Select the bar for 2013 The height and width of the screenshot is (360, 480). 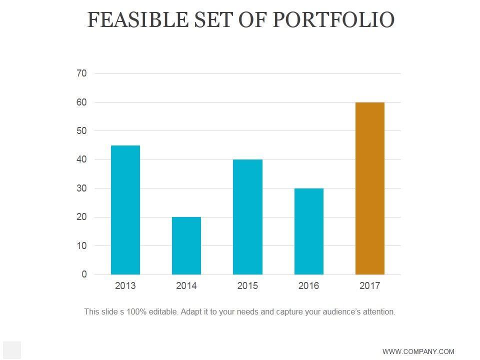tap(125, 210)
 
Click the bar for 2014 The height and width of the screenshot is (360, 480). tap(186, 245)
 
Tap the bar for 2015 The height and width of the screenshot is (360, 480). tap(247, 217)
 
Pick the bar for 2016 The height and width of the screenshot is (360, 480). tap(308, 231)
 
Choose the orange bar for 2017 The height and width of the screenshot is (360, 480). tap(370, 188)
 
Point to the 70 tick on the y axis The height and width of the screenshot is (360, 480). tap(81, 73)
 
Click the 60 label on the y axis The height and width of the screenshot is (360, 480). tap(81, 102)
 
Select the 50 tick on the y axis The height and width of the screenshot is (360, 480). tap(81, 131)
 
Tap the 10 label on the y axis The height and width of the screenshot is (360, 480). tap(81, 246)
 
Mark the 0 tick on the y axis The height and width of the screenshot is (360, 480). tap(84, 274)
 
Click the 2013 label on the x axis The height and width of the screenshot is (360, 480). tap(125, 286)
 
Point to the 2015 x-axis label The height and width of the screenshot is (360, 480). tap(247, 286)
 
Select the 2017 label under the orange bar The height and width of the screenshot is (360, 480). tap(370, 286)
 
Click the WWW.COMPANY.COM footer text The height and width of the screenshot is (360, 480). tap(418, 351)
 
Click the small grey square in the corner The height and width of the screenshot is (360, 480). tap(12, 350)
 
